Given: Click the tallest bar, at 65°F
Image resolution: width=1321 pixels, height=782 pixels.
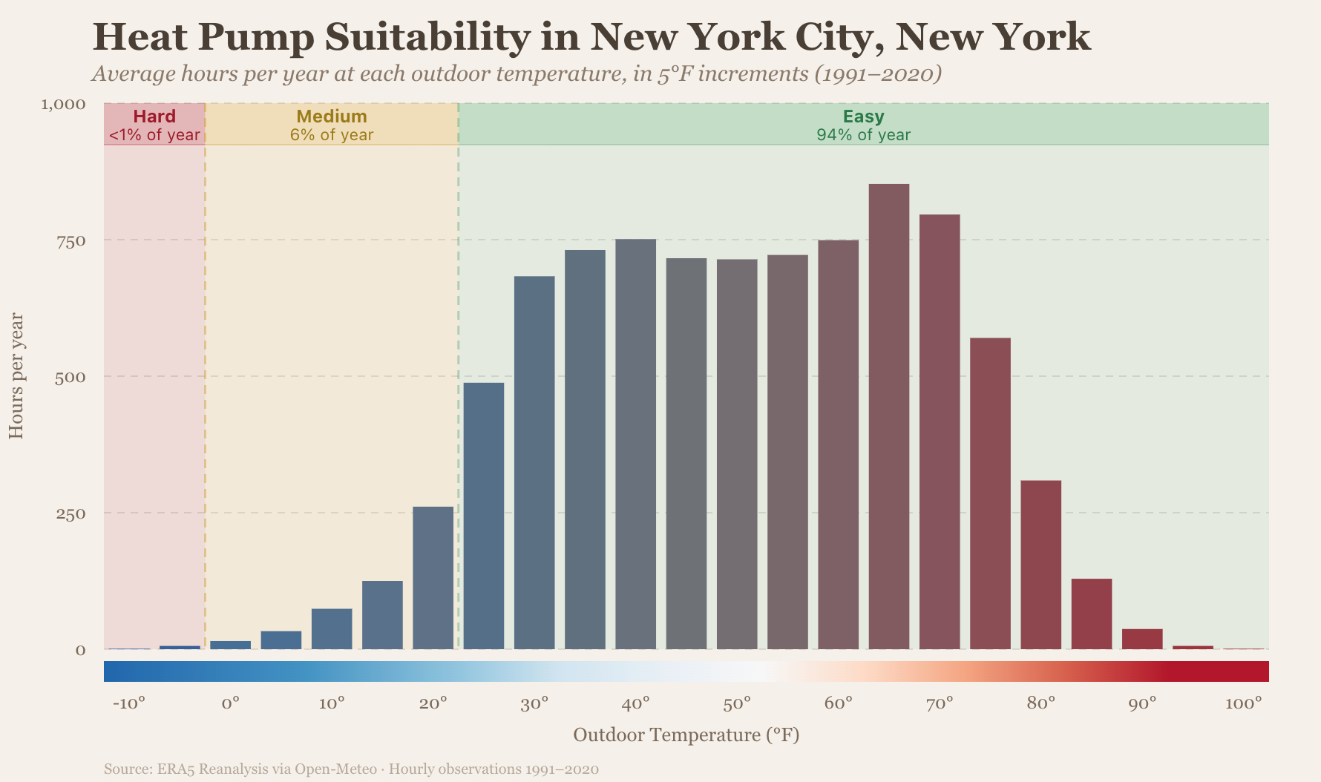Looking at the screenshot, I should [888, 415].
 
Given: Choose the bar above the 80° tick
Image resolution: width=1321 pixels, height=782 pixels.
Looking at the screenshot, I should [1040, 565].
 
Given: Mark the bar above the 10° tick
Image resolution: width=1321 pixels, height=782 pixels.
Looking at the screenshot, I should [332, 628].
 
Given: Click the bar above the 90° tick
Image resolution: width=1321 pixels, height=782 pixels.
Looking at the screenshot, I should [1141, 639].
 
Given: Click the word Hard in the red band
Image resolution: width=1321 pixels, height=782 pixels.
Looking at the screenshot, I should [154, 116].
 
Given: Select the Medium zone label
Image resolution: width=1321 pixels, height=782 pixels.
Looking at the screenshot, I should [332, 116].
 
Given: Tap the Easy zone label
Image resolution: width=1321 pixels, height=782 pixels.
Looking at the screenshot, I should [863, 116].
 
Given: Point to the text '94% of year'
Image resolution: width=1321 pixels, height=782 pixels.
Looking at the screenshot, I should [863, 135].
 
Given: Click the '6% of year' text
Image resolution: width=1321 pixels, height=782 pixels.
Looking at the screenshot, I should [332, 135].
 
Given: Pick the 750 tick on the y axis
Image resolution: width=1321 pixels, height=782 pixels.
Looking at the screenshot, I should [72, 240].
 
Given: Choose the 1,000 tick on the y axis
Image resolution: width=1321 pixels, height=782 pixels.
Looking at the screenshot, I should [64, 104].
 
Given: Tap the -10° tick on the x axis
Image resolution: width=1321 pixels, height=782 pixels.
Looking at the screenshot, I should [128, 703].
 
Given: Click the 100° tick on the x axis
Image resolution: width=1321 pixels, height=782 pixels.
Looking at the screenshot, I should [1243, 703].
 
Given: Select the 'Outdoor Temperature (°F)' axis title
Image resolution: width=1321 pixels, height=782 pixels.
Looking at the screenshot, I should [686, 735].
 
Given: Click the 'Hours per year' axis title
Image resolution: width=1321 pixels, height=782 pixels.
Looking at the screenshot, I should [16, 376].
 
